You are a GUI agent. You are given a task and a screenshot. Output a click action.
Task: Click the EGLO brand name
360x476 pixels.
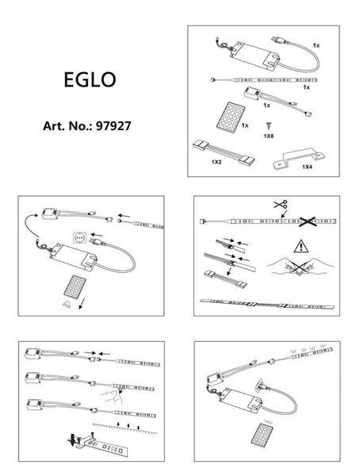(x=90, y=80)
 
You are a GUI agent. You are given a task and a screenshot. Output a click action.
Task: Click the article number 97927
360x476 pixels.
(x=113, y=126)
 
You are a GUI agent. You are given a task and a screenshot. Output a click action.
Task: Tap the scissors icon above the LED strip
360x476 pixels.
(x=281, y=205)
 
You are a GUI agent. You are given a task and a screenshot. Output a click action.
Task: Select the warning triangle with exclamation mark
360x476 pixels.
(x=301, y=246)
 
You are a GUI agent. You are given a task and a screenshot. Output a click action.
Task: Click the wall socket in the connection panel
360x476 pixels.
(x=80, y=237)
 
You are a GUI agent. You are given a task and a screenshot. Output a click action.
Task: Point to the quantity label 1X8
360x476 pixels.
(x=269, y=136)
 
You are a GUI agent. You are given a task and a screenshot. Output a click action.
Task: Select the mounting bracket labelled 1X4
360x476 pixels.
(x=299, y=159)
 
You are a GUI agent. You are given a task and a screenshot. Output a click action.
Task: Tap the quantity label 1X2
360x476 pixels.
(x=216, y=162)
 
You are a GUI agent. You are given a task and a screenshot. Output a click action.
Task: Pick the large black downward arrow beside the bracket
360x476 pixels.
(x=72, y=440)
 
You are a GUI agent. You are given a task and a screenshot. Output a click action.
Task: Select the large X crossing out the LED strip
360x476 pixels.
(x=308, y=221)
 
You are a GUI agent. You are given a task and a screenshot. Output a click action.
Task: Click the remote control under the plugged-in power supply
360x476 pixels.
(x=262, y=435)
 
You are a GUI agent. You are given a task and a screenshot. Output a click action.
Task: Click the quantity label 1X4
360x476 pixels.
(x=307, y=167)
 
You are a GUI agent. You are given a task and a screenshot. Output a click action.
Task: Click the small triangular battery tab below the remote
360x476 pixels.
(x=67, y=304)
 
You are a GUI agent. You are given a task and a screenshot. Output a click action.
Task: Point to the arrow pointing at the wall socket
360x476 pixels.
(x=97, y=235)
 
